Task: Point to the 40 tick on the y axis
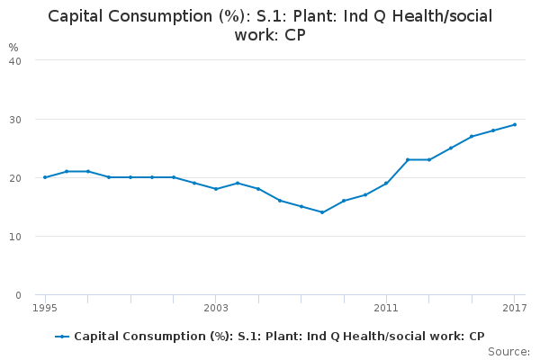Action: pos(15,61)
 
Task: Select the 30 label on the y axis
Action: pos(15,120)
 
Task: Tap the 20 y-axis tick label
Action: pos(15,178)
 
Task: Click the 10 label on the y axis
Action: pos(15,237)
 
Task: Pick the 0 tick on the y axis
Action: pos(19,295)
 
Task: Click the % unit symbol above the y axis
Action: pos(13,47)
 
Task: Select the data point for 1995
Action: pos(45,177)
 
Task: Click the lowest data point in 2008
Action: pos(322,212)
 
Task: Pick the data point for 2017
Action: pos(514,125)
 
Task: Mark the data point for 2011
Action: pos(386,184)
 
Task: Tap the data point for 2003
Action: pos(216,189)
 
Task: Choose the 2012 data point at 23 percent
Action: pos(408,159)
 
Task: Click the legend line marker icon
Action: pos(62,337)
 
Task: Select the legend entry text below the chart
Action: pos(279,337)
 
